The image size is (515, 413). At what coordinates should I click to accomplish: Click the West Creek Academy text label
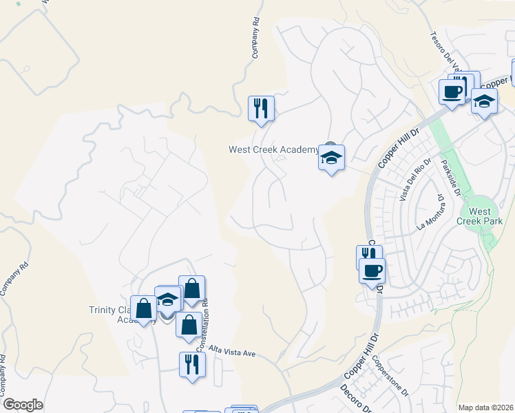click(273, 149)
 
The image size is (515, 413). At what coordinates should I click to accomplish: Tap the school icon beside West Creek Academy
click(331, 158)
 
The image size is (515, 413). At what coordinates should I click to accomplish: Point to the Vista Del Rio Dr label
click(414, 180)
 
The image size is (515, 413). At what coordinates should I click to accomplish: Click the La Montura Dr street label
click(429, 212)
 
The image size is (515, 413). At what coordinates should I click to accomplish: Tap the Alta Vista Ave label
click(232, 350)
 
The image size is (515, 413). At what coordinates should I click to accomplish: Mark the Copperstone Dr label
click(390, 375)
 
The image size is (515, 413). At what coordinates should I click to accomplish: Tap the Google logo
click(23, 405)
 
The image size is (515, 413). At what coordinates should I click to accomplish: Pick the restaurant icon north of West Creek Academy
click(261, 108)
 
